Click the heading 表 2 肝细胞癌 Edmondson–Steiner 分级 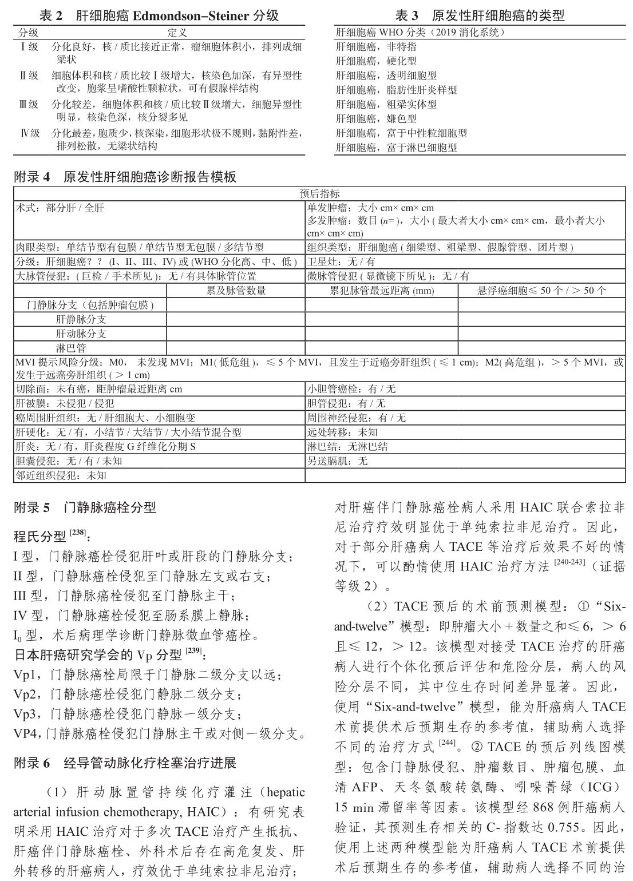coord(160,16)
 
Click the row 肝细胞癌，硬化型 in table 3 coord(376,61)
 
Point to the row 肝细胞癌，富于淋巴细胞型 coord(396,148)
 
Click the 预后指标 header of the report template coord(319,194)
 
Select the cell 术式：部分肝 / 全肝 coord(60,208)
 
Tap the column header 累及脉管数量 coord(236,291)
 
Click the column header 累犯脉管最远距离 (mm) coord(381,291)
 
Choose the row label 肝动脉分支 coord(81,334)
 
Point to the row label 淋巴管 coord(71,348)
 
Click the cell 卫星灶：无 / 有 coord(341,261)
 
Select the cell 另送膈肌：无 coord(338,461)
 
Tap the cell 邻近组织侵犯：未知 coord(61,475)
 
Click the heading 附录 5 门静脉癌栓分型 coord(85,507)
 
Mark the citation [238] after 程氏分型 coord(77,533)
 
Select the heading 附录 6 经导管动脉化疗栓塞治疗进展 coord(125,763)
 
